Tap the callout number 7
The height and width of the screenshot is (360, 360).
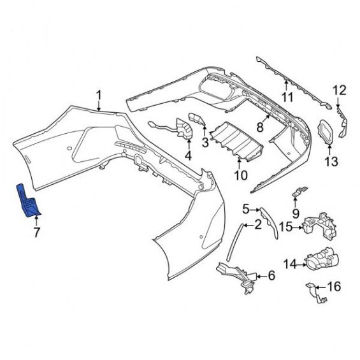click(x=37, y=233)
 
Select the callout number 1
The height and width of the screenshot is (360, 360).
click(x=99, y=95)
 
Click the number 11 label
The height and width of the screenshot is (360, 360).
click(x=287, y=97)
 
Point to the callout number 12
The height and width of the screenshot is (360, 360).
click(x=340, y=90)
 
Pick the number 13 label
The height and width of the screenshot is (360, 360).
click(x=331, y=161)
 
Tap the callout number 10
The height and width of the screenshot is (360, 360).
click(x=241, y=175)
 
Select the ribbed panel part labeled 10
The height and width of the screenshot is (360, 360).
click(x=236, y=142)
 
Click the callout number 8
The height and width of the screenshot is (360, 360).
click(x=260, y=127)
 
